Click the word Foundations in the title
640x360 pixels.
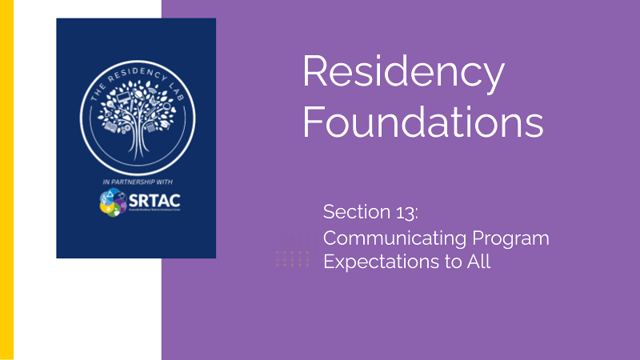(422, 124)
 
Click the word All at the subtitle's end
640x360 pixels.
(475, 261)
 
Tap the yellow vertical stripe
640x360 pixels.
(6, 180)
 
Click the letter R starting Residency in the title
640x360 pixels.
(315, 74)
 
